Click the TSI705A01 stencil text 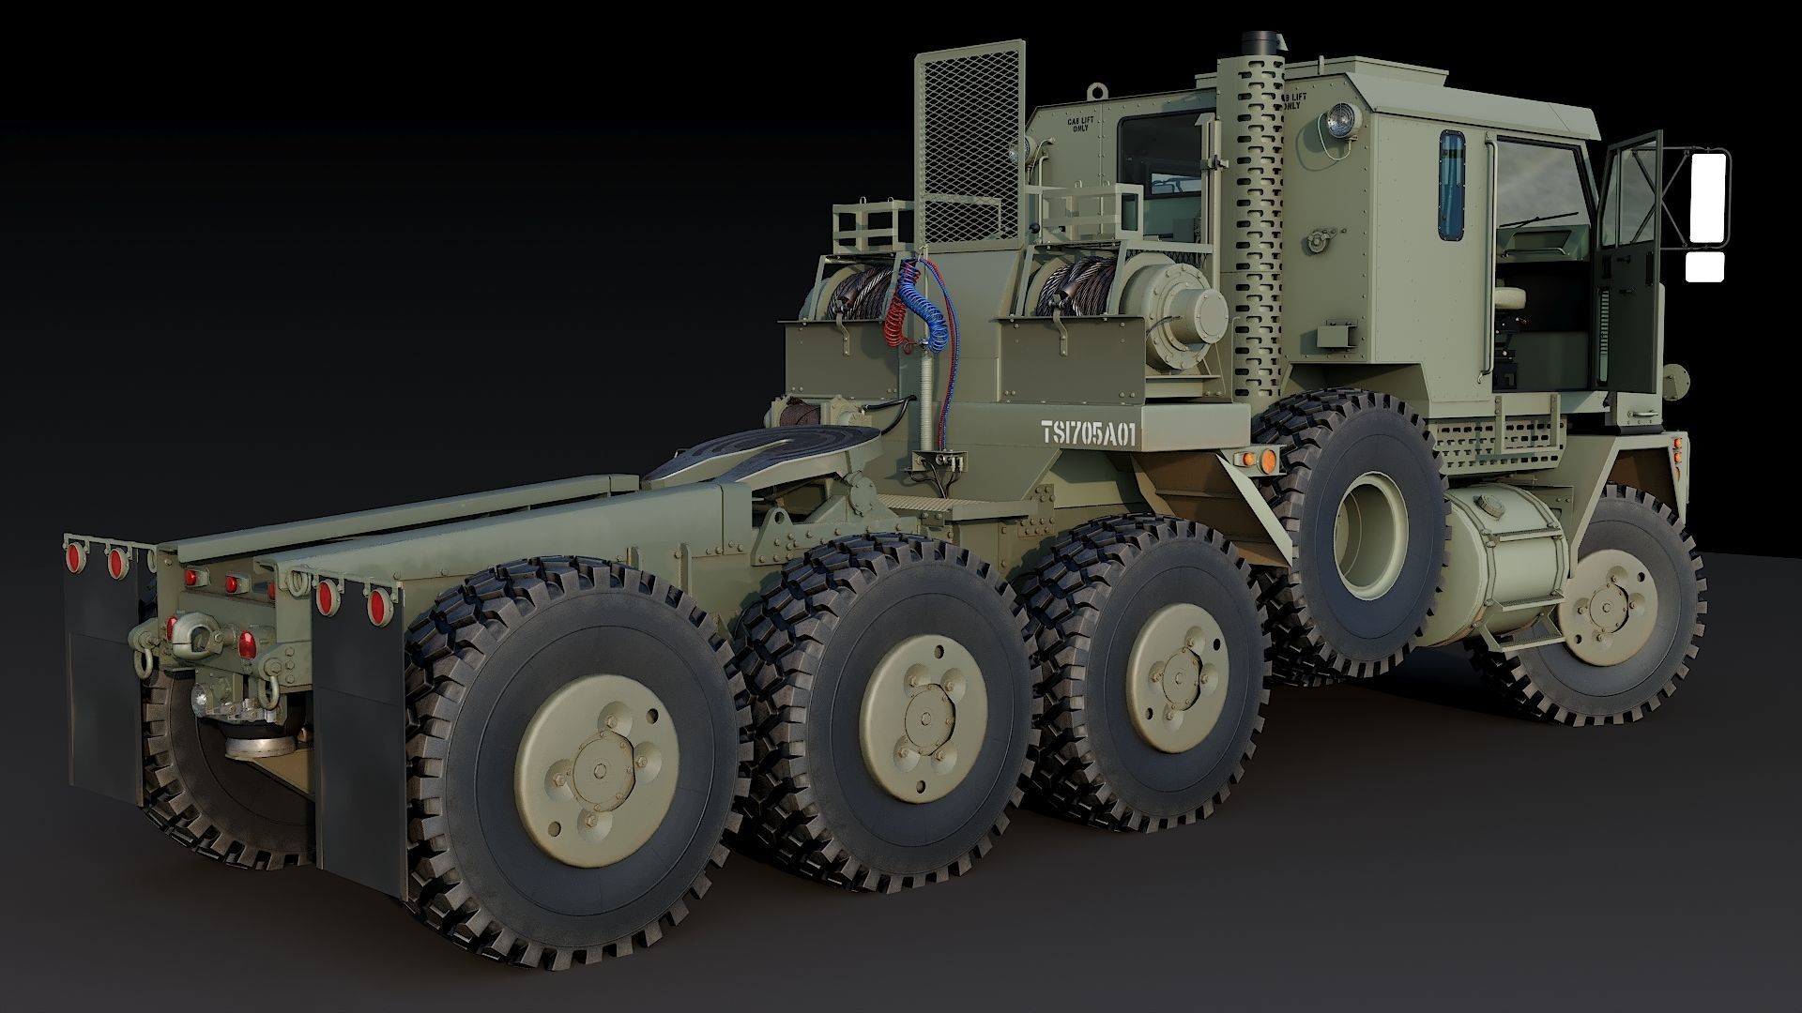click(x=1088, y=432)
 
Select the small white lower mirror click(x=1705, y=267)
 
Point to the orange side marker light click(x=1266, y=460)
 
